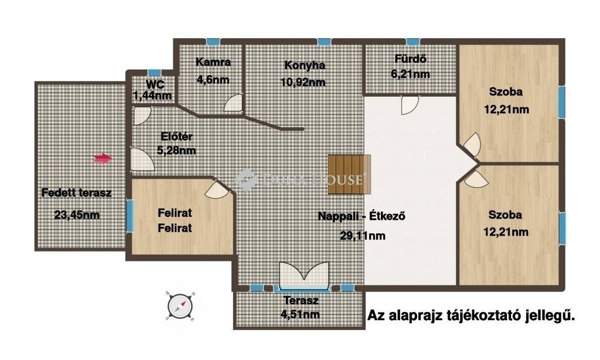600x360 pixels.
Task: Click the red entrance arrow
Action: (x=103, y=158)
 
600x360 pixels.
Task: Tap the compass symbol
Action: (x=180, y=307)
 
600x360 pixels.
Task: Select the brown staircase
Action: (x=349, y=174)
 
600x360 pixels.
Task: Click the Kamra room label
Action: (x=213, y=62)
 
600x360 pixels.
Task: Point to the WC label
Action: (x=155, y=84)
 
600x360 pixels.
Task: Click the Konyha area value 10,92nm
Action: (x=303, y=82)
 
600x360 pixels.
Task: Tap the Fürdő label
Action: (x=411, y=59)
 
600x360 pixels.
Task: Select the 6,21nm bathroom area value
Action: (x=411, y=74)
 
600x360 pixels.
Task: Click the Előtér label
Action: (x=176, y=137)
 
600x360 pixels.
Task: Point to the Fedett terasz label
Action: (x=77, y=192)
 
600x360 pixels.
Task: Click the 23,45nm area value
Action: (x=77, y=215)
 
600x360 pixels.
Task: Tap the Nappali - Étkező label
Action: (x=362, y=216)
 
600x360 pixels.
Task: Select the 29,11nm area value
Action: (x=363, y=236)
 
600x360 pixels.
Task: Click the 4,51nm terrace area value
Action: (x=301, y=314)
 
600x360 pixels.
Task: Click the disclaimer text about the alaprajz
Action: (x=471, y=315)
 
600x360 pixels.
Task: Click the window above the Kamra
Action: (x=213, y=42)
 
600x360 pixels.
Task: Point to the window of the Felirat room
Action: (x=129, y=216)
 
